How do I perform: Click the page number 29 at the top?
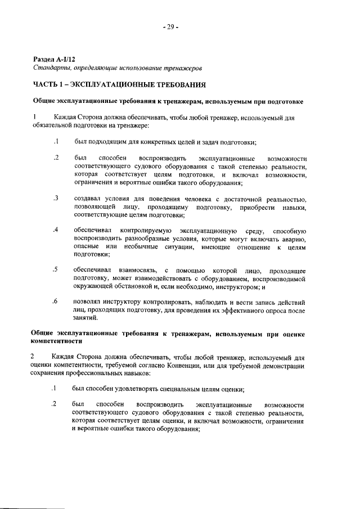[171, 27]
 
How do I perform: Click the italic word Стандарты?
[49, 67]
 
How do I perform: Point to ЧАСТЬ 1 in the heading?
[47, 85]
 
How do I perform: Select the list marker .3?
[56, 199]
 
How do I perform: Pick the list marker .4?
[56, 231]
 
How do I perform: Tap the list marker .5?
[56, 270]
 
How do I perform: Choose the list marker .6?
[56, 301]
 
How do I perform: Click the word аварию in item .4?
[294, 239]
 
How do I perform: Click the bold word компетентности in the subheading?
[57, 341]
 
